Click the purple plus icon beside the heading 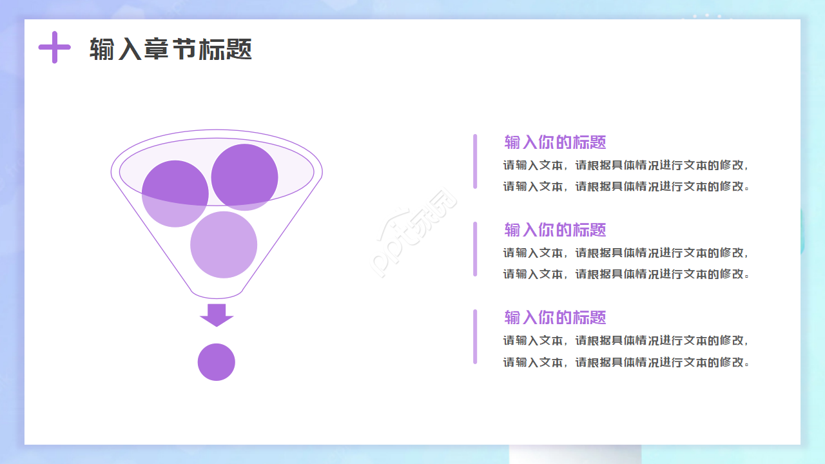[55, 47]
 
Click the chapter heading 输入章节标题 [171, 49]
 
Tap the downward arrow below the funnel [217, 315]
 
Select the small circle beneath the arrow [216, 362]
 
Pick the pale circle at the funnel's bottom [224, 244]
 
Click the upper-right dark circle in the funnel [244, 177]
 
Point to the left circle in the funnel [175, 194]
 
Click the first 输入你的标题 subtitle [555, 142]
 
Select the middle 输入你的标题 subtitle [555, 230]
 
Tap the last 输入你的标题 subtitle [555, 318]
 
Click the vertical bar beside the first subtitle [475, 162]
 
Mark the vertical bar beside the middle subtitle [475, 249]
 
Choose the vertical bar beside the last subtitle [475, 336]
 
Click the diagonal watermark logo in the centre [413, 233]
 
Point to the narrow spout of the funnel [217, 294]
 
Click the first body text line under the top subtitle [626, 166]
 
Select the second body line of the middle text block [626, 274]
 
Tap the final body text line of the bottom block [626, 362]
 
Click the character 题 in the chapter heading [238, 49]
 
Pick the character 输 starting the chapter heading [102, 49]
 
